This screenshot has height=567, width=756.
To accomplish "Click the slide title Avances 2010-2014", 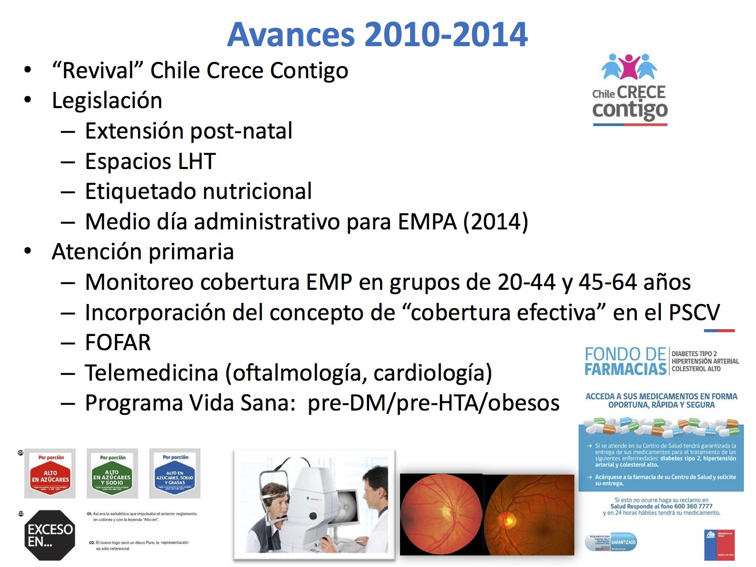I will [377, 35].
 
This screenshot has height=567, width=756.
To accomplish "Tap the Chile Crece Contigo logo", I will [629, 90].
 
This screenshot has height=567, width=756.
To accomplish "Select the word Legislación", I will [107, 101].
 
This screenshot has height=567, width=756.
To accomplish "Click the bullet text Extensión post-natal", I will [188, 131].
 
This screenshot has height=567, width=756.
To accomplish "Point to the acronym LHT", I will [197, 162].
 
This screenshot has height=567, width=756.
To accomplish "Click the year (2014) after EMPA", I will [495, 222].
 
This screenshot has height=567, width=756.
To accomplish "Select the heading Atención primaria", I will [143, 252].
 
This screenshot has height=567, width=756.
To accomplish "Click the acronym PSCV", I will [694, 313].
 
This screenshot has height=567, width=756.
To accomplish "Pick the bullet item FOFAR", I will [118, 343].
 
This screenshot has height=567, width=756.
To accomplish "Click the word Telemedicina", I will [151, 373].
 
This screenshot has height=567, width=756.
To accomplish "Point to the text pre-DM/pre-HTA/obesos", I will [434, 403].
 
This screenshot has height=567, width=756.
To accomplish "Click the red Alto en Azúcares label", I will [50, 474].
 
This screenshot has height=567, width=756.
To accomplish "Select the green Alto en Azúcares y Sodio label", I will [112, 474].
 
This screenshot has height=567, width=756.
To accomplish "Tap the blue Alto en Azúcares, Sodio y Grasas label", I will [175, 474].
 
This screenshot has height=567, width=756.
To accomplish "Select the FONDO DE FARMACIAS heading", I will [625, 361].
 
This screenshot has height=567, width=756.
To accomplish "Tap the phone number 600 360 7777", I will [694, 507].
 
